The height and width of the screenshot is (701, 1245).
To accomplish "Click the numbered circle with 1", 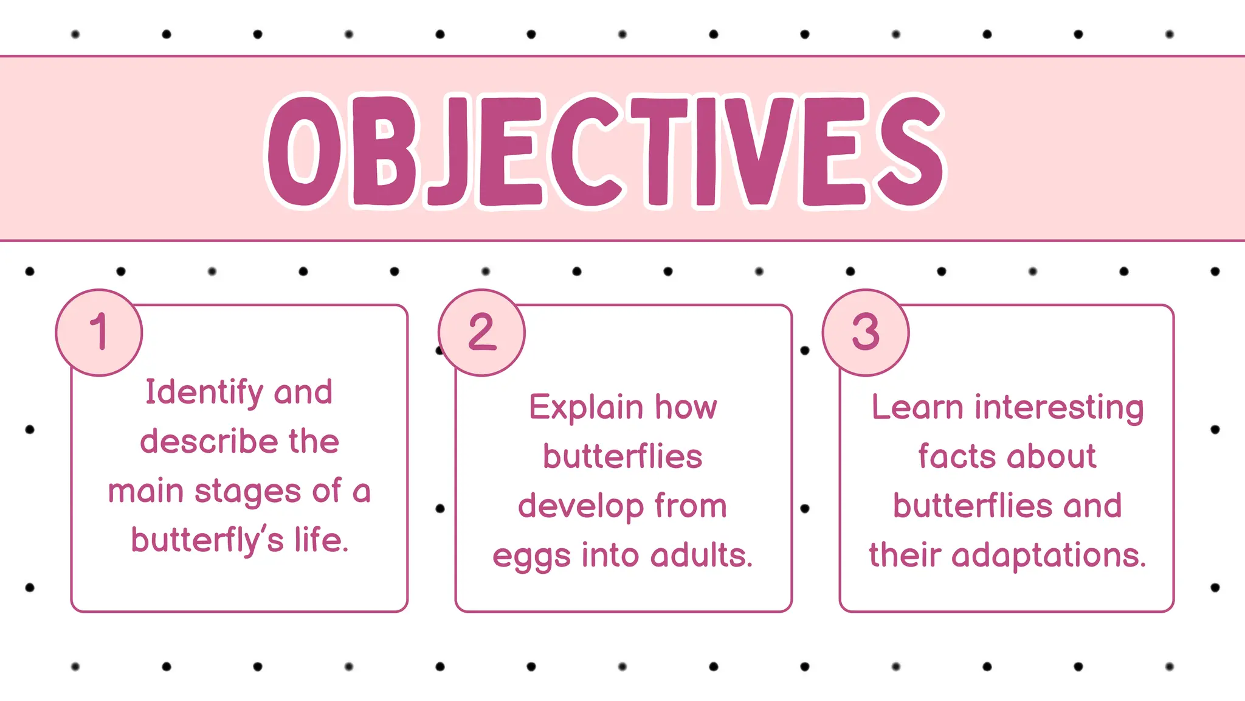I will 99,332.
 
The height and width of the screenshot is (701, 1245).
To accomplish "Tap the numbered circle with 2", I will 482,332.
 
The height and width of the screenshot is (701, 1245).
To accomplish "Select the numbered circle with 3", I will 866,332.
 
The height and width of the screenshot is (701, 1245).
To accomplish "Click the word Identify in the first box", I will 204,392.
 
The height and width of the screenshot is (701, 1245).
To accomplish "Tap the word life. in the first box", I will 322,540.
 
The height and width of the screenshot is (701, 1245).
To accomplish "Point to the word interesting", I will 1059,408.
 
